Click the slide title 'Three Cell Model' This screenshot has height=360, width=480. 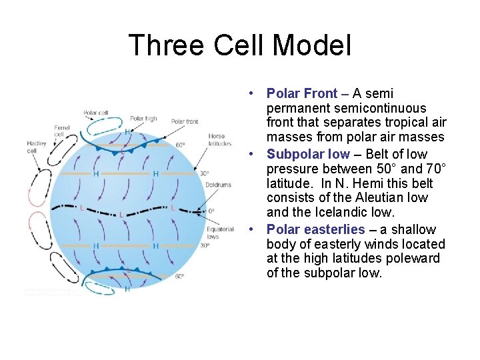click(x=239, y=46)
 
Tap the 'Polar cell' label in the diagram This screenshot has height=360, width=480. click(x=95, y=113)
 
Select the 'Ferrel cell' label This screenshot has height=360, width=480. click(x=62, y=130)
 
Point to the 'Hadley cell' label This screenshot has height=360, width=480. click(x=37, y=147)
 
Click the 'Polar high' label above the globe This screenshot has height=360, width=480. click(x=143, y=119)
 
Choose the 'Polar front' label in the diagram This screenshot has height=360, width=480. click(x=185, y=121)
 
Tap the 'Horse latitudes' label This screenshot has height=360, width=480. click(x=221, y=140)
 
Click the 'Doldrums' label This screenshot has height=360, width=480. click(x=218, y=185)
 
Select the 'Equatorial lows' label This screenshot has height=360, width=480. click(x=221, y=233)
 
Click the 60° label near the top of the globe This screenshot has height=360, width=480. click(x=181, y=144)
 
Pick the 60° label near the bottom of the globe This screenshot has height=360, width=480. click(x=179, y=276)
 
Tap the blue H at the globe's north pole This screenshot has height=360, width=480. click(x=127, y=132)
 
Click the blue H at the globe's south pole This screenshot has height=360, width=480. click(x=127, y=289)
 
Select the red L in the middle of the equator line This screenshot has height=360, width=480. click(x=121, y=215)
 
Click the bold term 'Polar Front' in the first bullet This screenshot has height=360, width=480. click(x=301, y=93)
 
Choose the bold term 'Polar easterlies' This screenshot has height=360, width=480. click(x=315, y=229)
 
